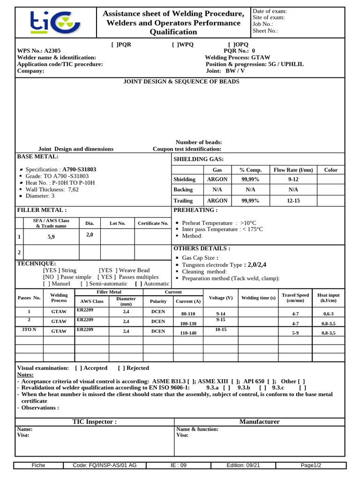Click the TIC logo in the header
click(56, 22)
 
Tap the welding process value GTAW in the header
click(260, 57)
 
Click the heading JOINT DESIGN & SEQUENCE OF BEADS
click(181, 82)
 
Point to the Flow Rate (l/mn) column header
click(293, 170)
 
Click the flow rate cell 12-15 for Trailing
click(293, 201)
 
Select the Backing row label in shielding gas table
click(183, 190)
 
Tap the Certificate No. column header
click(153, 223)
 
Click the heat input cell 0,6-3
click(329, 314)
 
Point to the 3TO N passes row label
click(30, 330)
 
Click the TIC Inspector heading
click(95, 421)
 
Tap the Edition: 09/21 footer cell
click(243, 465)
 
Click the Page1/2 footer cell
click(311, 465)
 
